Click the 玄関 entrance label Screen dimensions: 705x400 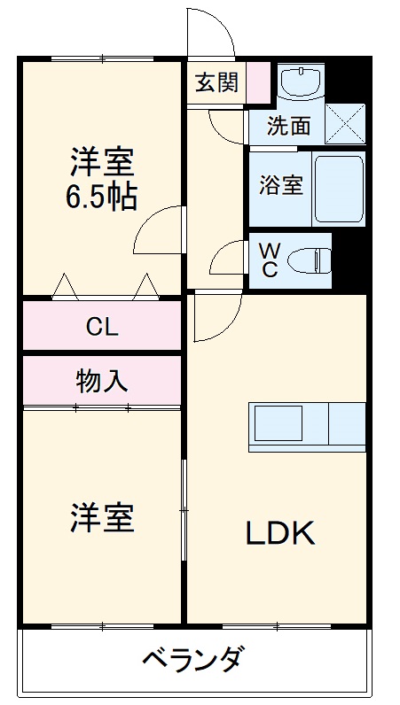click(216, 83)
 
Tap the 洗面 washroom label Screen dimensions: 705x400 click(289, 127)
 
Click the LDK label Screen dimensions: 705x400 click(280, 533)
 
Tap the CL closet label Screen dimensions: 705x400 click(102, 327)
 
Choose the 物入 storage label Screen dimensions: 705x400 click(102, 381)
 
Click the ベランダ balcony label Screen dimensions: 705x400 click(192, 661)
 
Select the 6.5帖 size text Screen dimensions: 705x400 click(102, 197)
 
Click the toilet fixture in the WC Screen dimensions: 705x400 click(310, 259)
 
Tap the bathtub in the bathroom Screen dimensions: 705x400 click(339, 189)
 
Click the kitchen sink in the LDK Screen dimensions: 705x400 click(278, 425)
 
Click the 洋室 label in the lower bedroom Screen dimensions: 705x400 click(102, 518)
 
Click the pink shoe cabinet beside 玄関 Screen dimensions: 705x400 click(257, 82)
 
